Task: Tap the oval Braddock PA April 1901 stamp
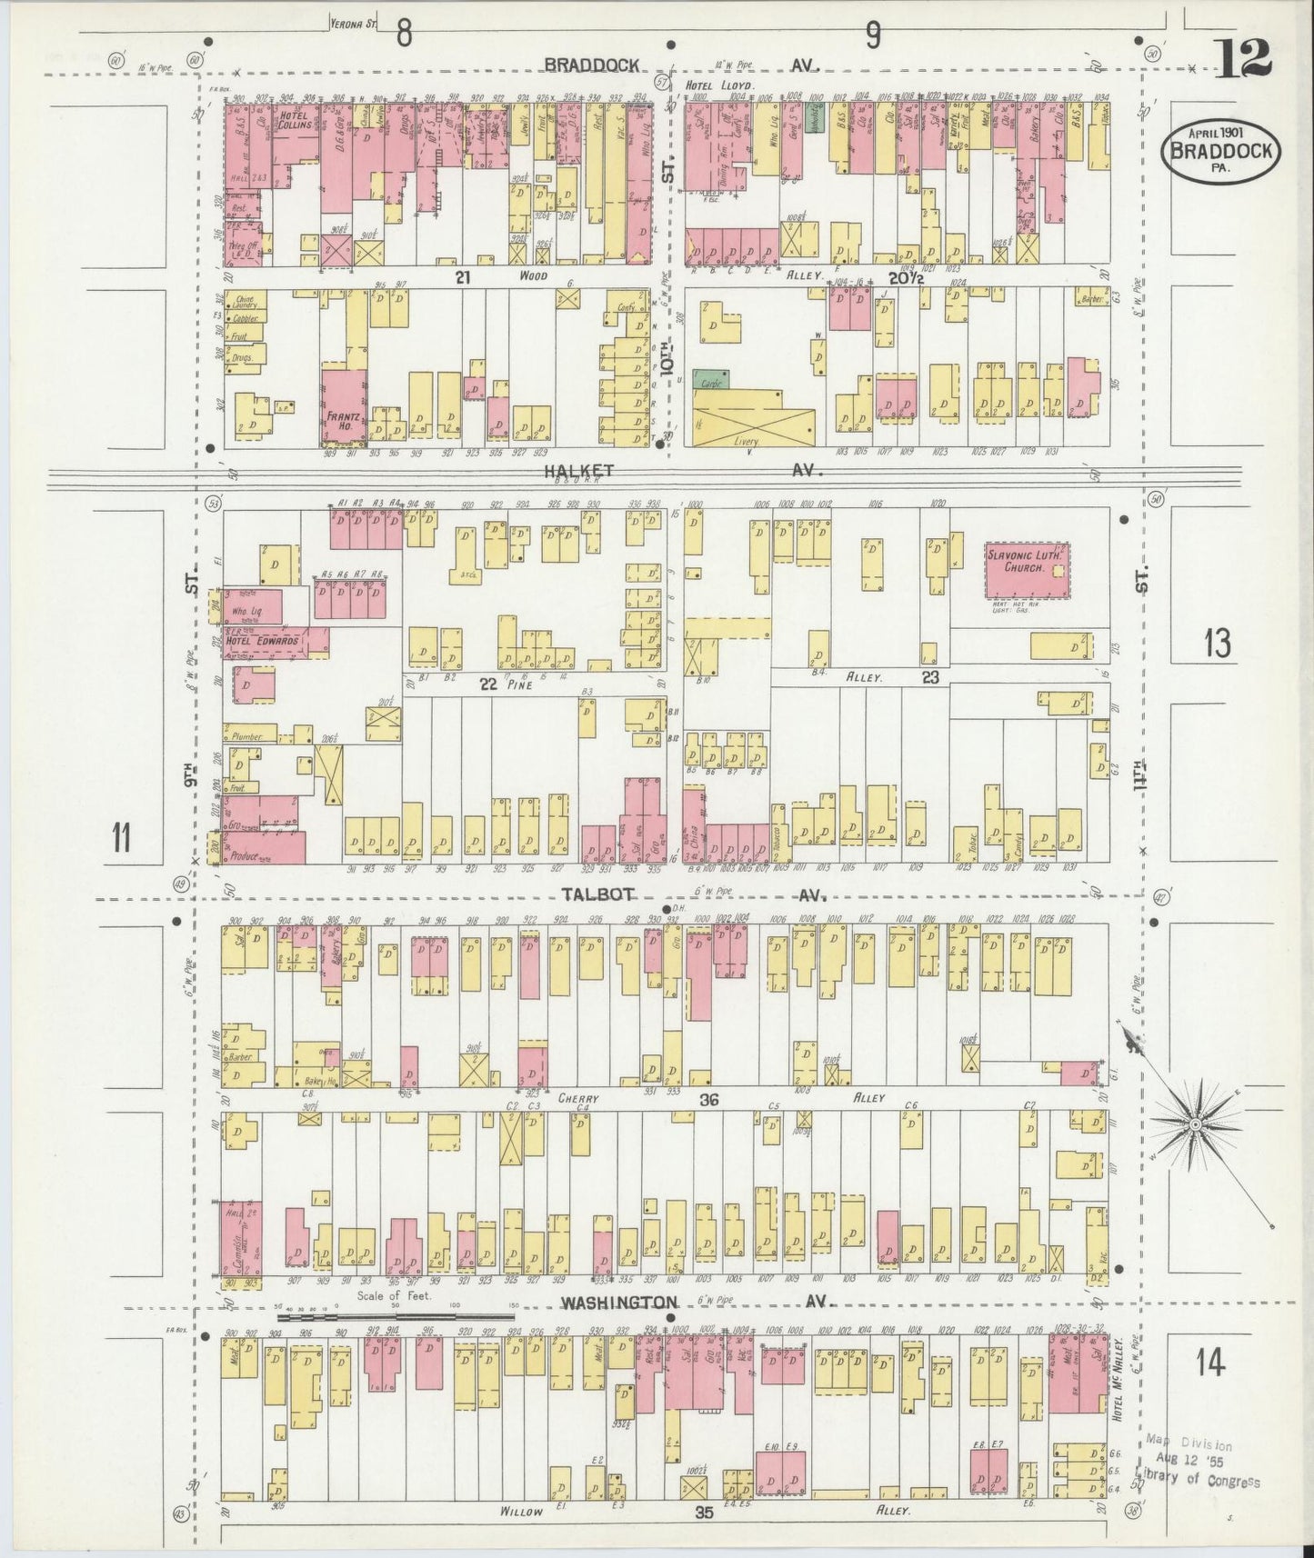[1220, 151]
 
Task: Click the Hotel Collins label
[296, 120]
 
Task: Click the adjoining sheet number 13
[1217, 644]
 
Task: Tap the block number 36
[709, 1100]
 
